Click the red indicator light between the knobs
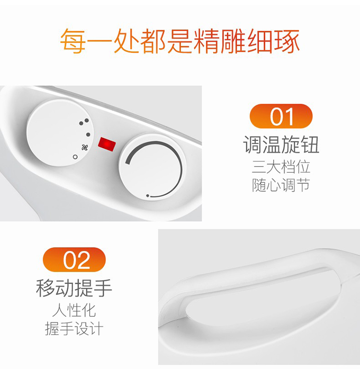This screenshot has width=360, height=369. [x=107, y=144]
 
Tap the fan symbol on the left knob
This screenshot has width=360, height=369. [x=85, y=148]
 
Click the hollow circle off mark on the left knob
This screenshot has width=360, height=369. [x=75, y=157]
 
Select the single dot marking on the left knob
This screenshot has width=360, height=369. [x=88, y=135]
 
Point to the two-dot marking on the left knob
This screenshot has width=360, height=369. [x=84, y=122]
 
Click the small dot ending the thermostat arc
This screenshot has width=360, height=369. [x=148, y=196]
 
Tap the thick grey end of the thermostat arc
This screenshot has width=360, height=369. [x=128, y=161]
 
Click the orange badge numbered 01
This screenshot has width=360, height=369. [x=281, y=116]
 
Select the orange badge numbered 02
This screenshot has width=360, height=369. [x=74, y=260]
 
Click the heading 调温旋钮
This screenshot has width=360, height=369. [x=281, y=144]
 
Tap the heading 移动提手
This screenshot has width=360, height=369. [x=74, y=288]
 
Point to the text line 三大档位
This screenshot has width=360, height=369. [x=281, y=167]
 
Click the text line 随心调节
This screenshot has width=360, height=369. [x=281, y=185]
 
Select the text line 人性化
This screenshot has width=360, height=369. [x=74, y=310]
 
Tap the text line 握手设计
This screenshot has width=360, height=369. [x=74, y=329]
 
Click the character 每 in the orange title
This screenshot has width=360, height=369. [x=73, y=41]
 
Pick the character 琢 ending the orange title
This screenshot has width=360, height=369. [x=287, y=41]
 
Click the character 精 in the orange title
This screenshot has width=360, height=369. [x=206, y=41]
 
